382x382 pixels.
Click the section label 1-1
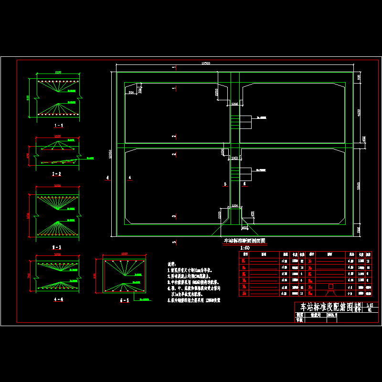(59, 125)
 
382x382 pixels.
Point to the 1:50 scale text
(245, 248)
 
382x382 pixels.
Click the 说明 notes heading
(171, 264)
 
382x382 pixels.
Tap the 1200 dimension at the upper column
(234, 104)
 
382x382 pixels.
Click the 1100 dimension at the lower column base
(234, 205)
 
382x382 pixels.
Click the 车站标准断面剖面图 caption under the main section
(244, 241)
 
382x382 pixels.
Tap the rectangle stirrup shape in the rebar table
(330, 286)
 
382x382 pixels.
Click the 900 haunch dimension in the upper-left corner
(131, 93)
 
